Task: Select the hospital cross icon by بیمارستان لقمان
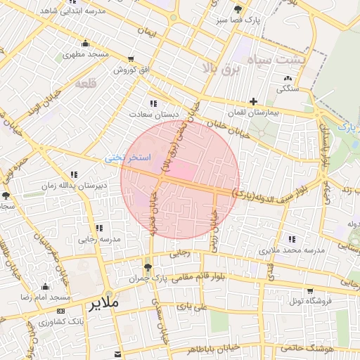(253, 102)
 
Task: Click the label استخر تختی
(124, 158)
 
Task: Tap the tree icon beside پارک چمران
(148, 267)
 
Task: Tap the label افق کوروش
(131, 70)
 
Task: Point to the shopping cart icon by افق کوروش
(131, 59)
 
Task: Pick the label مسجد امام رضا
(45, 298)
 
